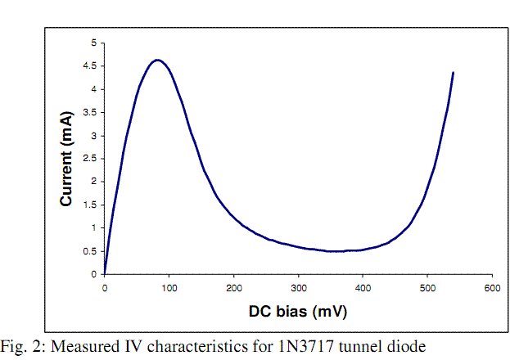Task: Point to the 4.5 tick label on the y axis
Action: [91, 65]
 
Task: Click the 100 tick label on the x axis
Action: [169, 288]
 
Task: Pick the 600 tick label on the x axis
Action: [491, 288]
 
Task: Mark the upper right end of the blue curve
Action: [453, 73]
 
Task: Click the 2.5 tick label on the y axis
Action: [91, 158]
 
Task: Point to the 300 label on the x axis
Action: [298, 288]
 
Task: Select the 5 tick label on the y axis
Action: [94, 43]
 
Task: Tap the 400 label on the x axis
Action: [363, 288]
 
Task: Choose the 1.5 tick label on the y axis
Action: [91, 205]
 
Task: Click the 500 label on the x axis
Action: [427, 288]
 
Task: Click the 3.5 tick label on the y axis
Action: [91, 112]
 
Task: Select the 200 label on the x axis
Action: [233, 288]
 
